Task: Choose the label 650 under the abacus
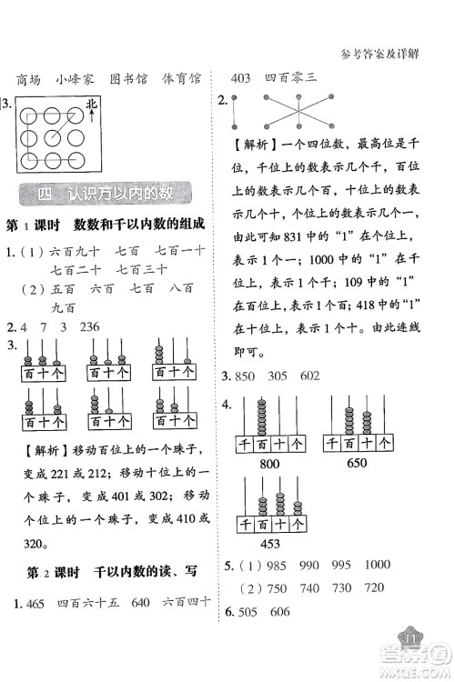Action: click(359, 463)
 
